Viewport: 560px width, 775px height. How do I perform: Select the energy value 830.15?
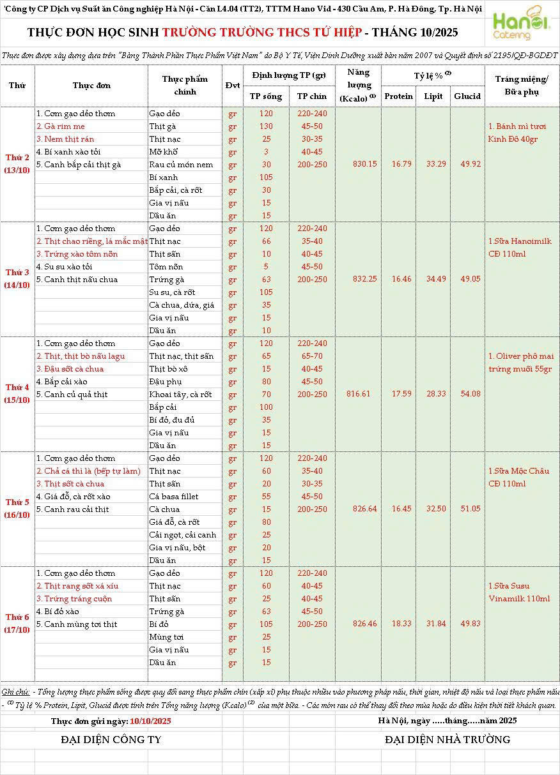[365, 164]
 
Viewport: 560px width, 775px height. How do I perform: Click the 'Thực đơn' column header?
[91, 85]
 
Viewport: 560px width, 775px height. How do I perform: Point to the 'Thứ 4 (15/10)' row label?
[17, 394]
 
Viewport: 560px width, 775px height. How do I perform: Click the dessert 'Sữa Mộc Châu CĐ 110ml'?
[518, 478]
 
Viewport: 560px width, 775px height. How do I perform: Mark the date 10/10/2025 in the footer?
[150, 721]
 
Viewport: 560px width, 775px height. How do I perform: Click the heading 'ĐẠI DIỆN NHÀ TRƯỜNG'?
[447, 740]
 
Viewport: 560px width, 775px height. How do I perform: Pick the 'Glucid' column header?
[467, 96]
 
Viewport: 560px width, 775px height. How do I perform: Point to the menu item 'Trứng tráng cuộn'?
[74, 599]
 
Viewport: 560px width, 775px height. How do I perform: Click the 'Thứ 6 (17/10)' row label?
[17, 624]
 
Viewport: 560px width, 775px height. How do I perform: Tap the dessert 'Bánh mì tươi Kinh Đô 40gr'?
[517, 133]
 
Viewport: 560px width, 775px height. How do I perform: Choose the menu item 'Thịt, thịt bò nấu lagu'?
[81, 356]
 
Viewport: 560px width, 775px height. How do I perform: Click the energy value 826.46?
[365, 624]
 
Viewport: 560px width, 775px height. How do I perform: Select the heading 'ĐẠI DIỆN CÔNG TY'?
[111, 740]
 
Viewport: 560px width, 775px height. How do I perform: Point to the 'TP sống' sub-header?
[267, 96]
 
